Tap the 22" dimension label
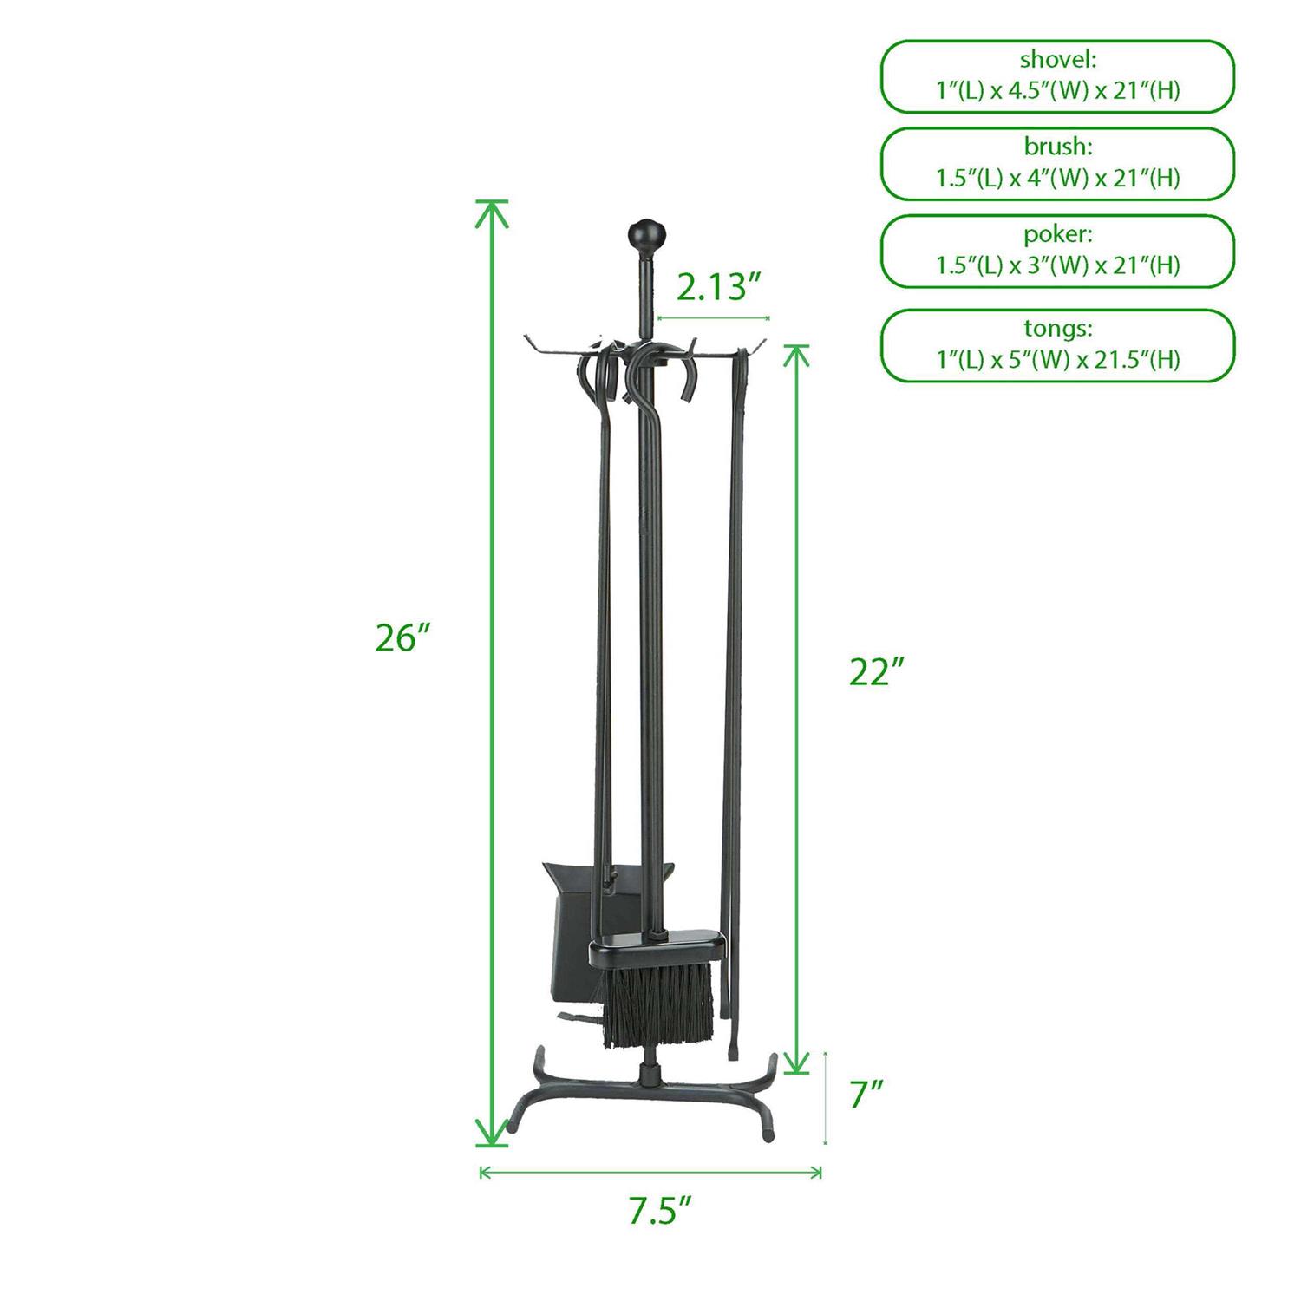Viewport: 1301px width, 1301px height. click(877, 672)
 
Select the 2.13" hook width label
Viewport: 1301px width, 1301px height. click(712, 286)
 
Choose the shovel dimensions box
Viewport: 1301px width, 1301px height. click(1057, 75)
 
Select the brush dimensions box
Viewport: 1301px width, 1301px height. click(1057, 164)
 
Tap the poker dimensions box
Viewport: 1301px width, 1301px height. click(1057, 252)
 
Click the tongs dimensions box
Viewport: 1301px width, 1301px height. click(1057, 345)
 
